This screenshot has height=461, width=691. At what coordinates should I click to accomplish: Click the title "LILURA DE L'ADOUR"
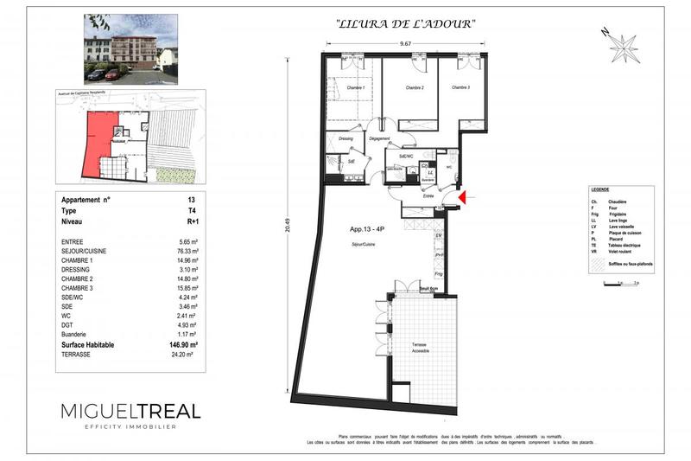click(404, 24)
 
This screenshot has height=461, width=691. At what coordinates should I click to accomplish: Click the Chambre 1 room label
click(356, 87)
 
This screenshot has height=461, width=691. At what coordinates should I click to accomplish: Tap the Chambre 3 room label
click(459, 87)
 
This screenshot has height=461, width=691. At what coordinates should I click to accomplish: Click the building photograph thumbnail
click(130, 49)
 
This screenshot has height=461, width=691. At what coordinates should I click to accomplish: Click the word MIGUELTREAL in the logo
click(130, 412)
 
